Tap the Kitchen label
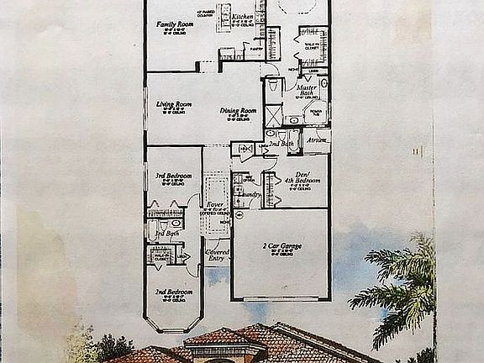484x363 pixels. click(x=243, y=16)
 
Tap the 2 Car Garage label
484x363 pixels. click(x=281, y=246)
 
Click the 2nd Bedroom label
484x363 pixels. click(x=173, y=292)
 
